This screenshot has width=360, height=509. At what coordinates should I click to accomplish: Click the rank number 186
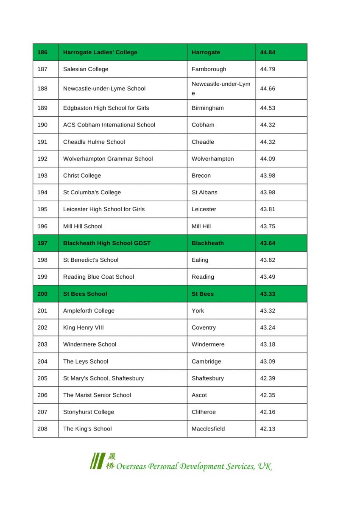point(42,53)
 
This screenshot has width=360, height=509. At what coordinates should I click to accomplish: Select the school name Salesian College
point(86,69)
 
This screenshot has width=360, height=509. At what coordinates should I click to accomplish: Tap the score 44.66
point(268,89)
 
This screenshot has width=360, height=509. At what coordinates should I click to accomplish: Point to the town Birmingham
point(207,108)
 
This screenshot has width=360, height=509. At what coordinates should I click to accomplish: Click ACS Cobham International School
point(109,125)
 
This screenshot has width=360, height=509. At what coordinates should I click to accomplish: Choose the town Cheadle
point(203,142)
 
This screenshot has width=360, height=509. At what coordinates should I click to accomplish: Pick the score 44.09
point(268,159)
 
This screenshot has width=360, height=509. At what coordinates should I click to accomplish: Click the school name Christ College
point(82,176)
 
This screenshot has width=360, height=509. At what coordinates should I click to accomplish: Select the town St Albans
point(204,193)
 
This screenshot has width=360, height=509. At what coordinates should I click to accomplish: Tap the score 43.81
point(268,210)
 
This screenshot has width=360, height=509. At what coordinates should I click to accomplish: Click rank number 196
point(42,227)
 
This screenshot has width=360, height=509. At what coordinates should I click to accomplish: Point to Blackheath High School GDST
point(107,243)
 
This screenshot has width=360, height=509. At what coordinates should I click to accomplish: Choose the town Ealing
point(200,260)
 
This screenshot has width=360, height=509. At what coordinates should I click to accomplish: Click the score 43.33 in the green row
point(268,294)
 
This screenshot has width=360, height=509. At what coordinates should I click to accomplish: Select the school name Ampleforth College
point(89,311)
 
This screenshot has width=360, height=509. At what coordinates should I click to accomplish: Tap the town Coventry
point(204,328)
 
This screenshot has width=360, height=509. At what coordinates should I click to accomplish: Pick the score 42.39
point(268,378)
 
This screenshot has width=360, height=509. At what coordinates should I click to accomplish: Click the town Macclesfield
point(208,429)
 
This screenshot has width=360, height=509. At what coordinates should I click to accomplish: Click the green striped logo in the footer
point(97,461)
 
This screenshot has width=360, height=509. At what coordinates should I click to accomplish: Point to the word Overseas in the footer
point(131,467)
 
